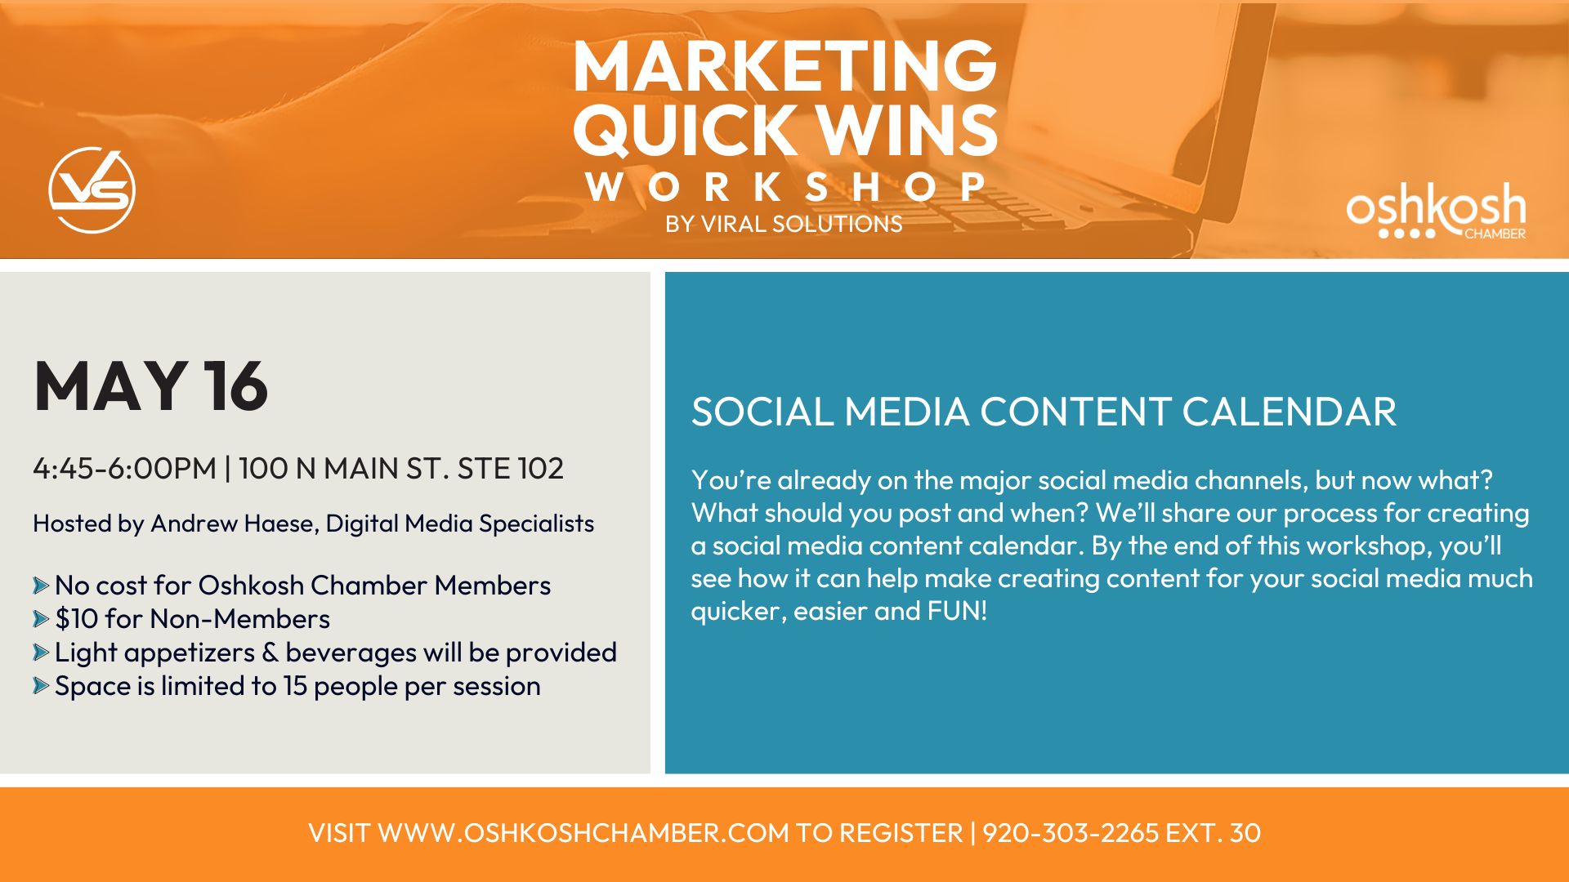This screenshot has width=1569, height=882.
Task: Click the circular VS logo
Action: click(92, 189)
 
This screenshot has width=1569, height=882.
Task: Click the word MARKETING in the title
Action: click(784, 66)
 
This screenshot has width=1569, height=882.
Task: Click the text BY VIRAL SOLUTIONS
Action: click(784, 224)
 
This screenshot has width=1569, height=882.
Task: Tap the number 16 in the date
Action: click(235, 385)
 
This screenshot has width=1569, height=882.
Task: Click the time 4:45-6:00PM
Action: click(125, 468)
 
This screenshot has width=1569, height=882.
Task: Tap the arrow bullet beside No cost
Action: click(41, 586)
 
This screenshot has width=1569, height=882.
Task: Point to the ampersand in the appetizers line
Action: click(270, 653)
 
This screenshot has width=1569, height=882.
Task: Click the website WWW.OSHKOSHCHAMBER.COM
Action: click(583, 833)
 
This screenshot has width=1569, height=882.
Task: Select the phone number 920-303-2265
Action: click(1071, 833)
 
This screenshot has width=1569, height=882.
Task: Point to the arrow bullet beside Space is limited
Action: click(41, 686)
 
